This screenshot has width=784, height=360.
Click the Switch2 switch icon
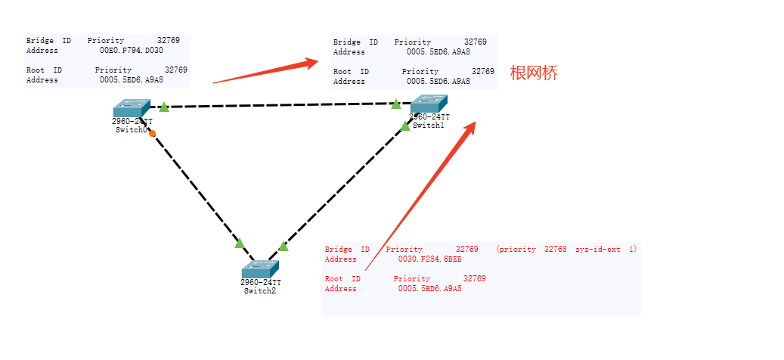click(260, 269)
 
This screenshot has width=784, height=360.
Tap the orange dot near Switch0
click(152, 133)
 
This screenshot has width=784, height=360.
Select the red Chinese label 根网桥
click(534, 73)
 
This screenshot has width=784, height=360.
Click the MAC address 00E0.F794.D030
click(132, 51)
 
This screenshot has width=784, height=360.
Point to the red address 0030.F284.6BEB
click(429, 259)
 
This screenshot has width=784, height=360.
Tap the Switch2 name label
click(259, 290)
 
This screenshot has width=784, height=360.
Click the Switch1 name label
click(429, 126)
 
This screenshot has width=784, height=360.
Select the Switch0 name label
click(130, 130)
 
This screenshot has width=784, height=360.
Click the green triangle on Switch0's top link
click(164, 107)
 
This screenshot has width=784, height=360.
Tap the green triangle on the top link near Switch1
click(395, 104)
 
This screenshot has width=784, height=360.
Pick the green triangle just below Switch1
click(405, 126)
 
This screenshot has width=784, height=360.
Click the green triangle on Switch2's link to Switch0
click(240, 243)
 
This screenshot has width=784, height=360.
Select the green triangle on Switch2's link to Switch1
click(284, 246)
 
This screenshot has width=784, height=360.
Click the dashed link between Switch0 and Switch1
click(280, 105)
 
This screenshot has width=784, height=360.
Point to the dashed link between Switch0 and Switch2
click(197, 189)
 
